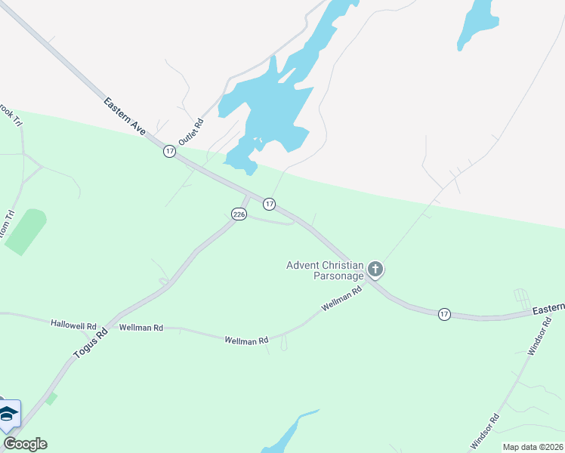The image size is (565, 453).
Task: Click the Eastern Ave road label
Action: pyautogui.click(x=125, y=116)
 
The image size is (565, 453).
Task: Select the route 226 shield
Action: pyautogui.click(x=239, y=214)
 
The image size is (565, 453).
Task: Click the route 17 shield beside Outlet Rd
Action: pyautogui.click(x=169, y=152)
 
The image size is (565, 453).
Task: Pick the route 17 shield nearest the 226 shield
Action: pyautogui.click(x=269, y=204)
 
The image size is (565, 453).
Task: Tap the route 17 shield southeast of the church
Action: pyautogui.click(x=444, y=313)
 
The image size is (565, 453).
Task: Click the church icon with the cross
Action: pyautogui.click(x=375, y=270)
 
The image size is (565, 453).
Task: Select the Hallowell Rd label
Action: pyautogui.click(x=73, y=324)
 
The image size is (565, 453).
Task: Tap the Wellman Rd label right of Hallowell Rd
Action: pyautogui.click(x=141, y=328)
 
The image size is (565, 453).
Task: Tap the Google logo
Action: pyautogui.click(x=25, y=444)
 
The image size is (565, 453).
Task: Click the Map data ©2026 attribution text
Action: pyautogui.click(x=533, y=447)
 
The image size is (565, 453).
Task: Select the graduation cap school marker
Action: pyautogui.click(x=8, y=414)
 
